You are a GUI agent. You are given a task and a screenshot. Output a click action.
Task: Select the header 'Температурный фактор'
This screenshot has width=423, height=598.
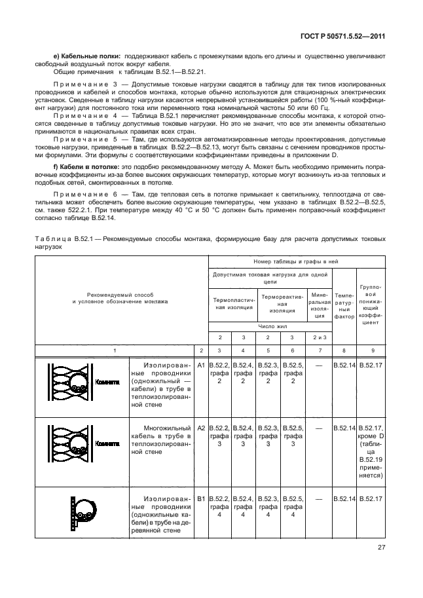(344, 306)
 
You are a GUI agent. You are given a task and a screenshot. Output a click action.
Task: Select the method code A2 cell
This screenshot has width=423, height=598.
(201, 428)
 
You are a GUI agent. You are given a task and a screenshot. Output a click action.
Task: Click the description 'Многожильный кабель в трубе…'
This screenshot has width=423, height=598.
(161, 440)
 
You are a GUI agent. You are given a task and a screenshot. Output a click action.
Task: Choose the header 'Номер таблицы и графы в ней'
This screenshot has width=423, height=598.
(297, 261)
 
